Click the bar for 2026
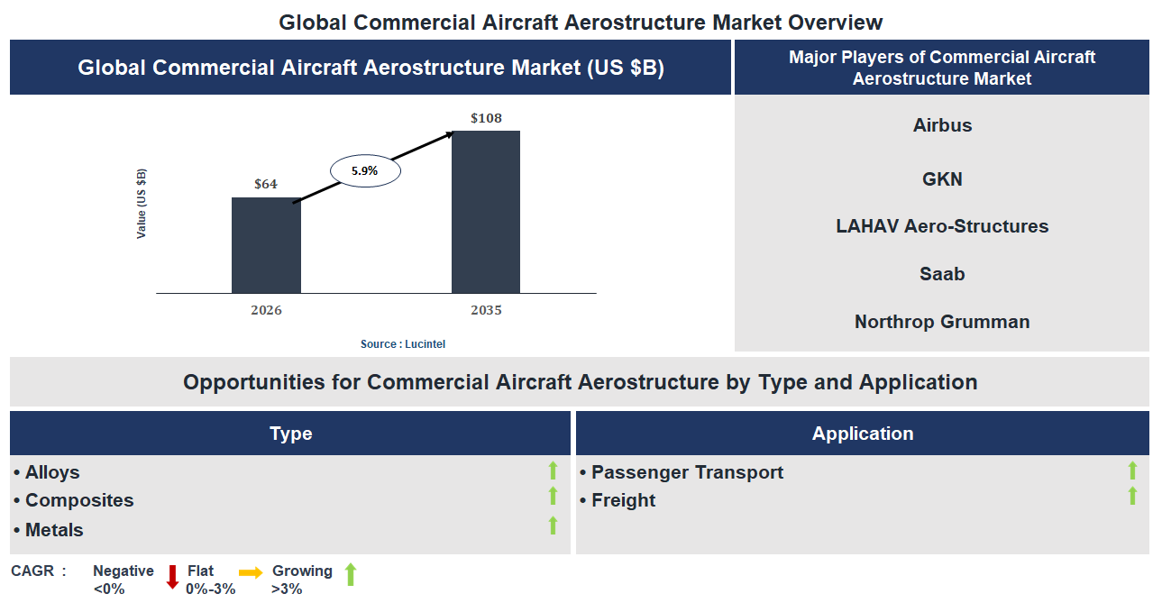[x=266, y=245]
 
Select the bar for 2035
[x=486, y=212]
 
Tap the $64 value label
[x=266, y=185]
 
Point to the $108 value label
[x=486, y=118]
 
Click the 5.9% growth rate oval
[x=365, y=170]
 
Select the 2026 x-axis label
[x=266, y=310]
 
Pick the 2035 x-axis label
[x=486, y=310]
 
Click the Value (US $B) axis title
[x=142, y=203]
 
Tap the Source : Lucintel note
[x=403, y=344]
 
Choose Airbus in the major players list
[x=942, y=125]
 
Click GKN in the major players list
[x=942, y=179]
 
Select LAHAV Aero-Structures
[x=942, y=226]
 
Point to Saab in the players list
[x=942, y=274]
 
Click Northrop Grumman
[x=942, y=322]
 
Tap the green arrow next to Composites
[x=553, y=496]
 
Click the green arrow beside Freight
[x=1132, y=496]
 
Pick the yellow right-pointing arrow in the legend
[x=251, y=572]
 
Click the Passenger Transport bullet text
[x=687, y=472]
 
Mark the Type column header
[x=290, y=434]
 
